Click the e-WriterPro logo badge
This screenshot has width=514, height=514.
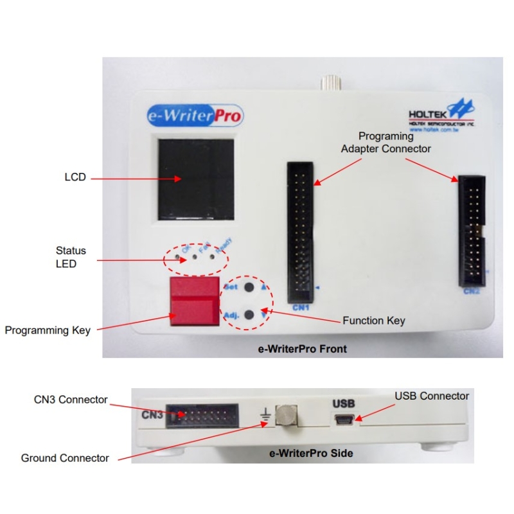pyautogui.click(x=193, y=116)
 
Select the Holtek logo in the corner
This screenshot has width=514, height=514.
pyautogui.click(x=441, y=116)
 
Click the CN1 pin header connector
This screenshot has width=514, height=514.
pyautogui.click(x=299, y=232)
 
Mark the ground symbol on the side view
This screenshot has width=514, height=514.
pyautogui.click(x=264, y=418)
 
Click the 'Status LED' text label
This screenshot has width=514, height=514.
pyautogui.click(x=71, y=256)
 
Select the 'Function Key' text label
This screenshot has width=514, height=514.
pyautogui.click(x=374, y=321)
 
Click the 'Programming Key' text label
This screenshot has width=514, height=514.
pyautogui.click(x=48, y=330)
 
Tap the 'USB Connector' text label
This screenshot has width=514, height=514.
pyautogui.click(x=432, y=396)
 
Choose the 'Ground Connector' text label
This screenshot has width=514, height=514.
pyautogui.click(x=65, y=458)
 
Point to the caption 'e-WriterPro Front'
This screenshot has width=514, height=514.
pyautogui.click(x=302, y=350)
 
